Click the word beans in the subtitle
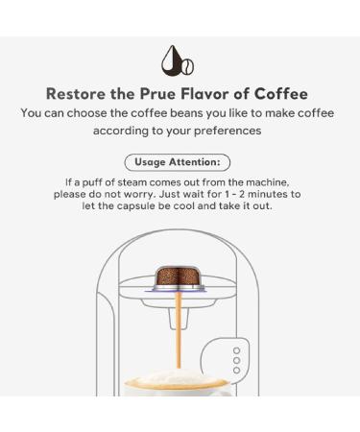[x=178, y=113]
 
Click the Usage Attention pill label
[x=178, y=162]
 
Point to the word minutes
[x=276, y=193]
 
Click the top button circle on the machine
[x=236, y=352]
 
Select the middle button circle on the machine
[x=236, y=364]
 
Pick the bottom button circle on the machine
[x=236, y=375]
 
